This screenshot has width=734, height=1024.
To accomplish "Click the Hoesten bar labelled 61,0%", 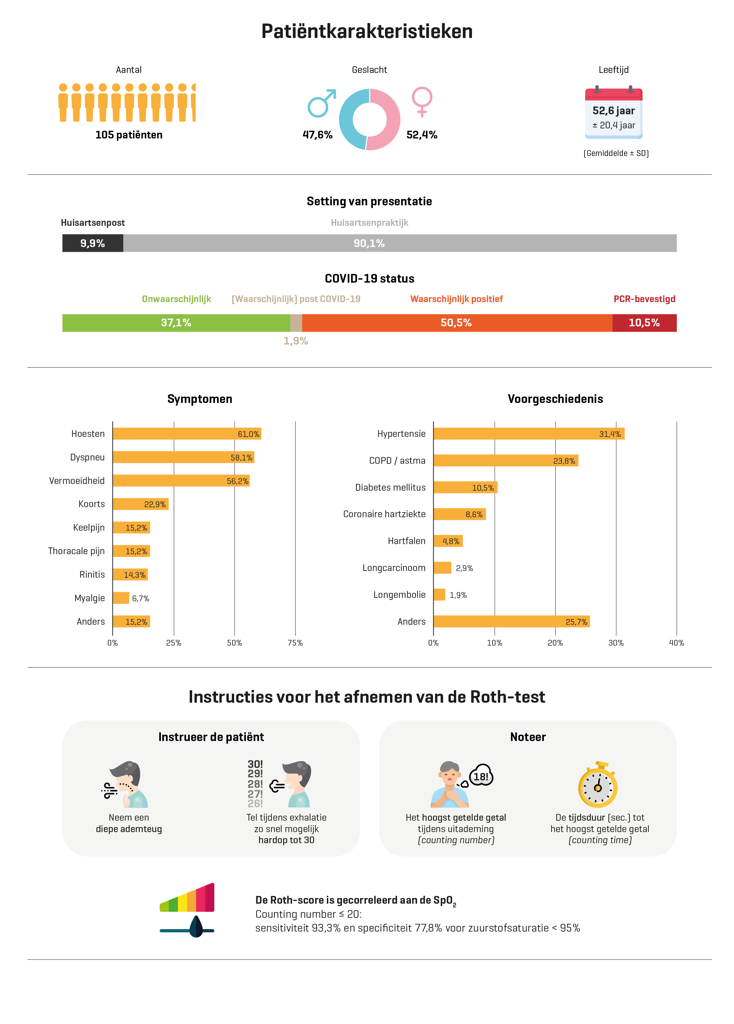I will pyautogui.click(x=186, y=434).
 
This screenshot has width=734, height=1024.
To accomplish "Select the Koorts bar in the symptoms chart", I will pyautogui.click(x=140, y=504).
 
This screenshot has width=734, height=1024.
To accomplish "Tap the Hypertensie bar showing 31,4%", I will pyautogui.click(x=529, y=434).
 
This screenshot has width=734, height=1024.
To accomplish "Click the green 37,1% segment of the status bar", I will pyautogui.click(x=176, y=323).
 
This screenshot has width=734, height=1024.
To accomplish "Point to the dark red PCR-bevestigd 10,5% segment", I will pyautogui.click(x=644, y=323).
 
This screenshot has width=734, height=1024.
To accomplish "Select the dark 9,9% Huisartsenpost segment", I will pyautogui.click(x=92, y=243).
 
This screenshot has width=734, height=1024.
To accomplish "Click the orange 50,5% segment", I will pyautogui.click(x=457, y=323).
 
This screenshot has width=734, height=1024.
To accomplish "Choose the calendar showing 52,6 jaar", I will pyautogui.click(x=613, y=113).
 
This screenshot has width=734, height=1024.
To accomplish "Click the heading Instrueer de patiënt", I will pyautogui.click(x=211, y=737).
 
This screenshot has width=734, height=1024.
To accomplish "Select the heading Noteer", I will pyautogui.click(x=528, y=737).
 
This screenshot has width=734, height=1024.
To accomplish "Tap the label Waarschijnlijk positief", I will pyautogui.click(x=457, y=299).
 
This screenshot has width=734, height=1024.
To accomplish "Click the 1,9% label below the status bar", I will pyautogui.click(x=296, y=341).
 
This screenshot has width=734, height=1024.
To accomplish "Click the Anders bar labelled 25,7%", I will pyautogui.click(x=512, y=621).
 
